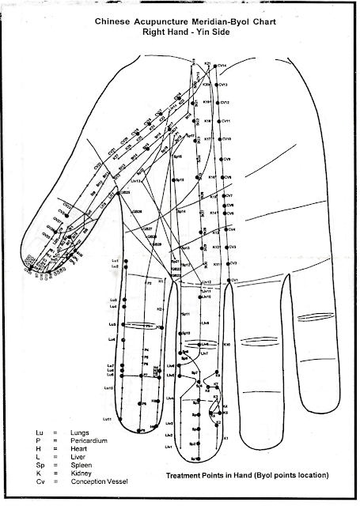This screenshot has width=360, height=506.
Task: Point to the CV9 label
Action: pos(227,159)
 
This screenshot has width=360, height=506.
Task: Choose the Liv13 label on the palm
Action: pos(135,181)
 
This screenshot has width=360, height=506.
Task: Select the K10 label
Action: pos(226,345)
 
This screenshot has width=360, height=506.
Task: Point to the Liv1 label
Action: pos(169,447)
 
